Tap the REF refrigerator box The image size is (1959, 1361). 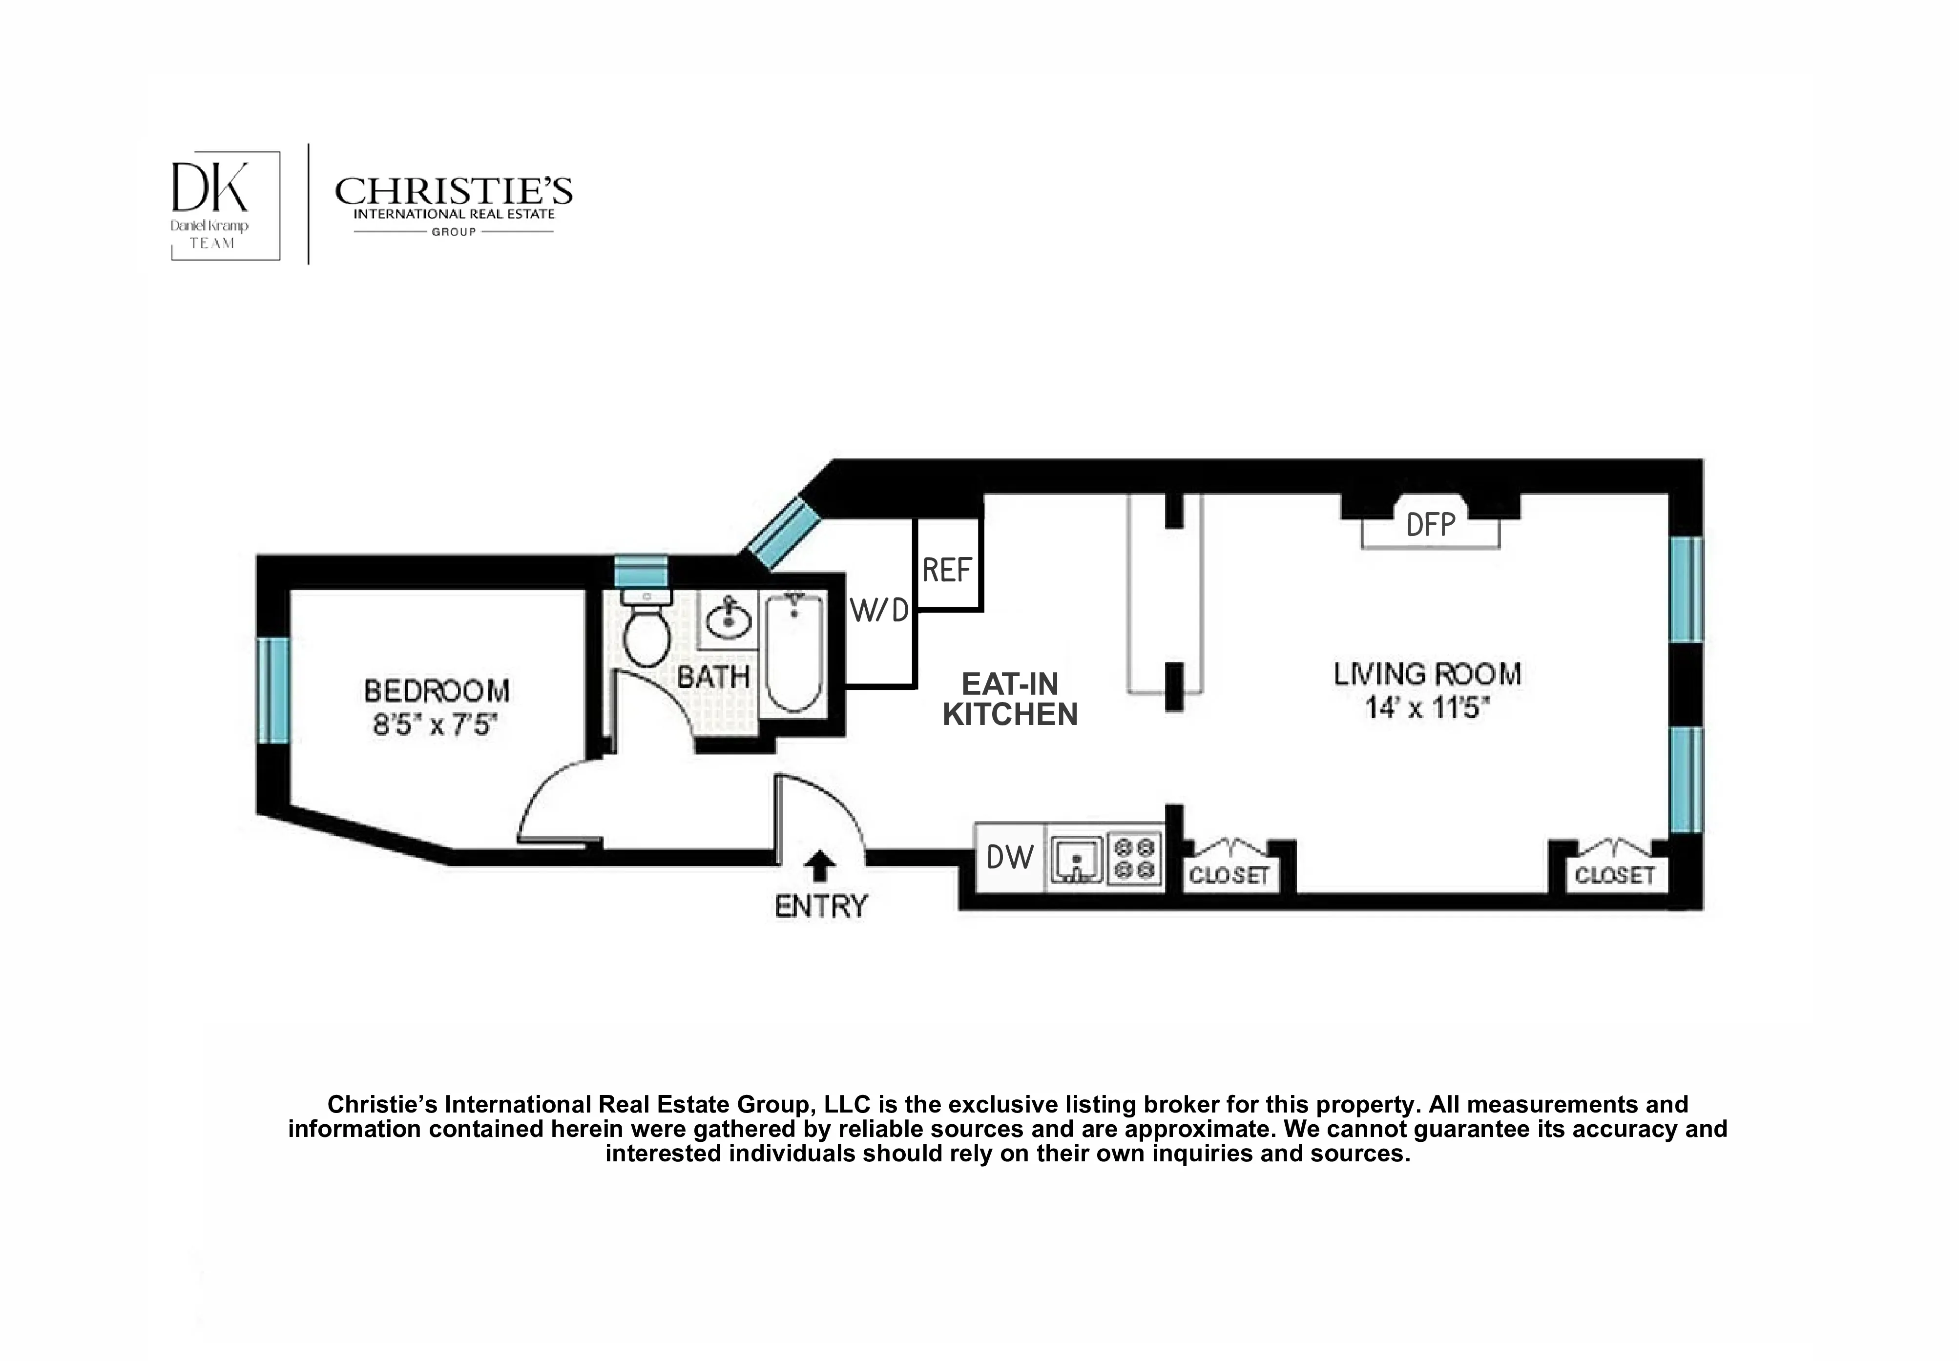click(x=947, y=570)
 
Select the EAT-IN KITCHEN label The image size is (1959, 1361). click(x=1010, y=699)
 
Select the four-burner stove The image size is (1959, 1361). click(x=1135, y=858)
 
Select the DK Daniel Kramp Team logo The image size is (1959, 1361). click(x=225, y=206)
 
